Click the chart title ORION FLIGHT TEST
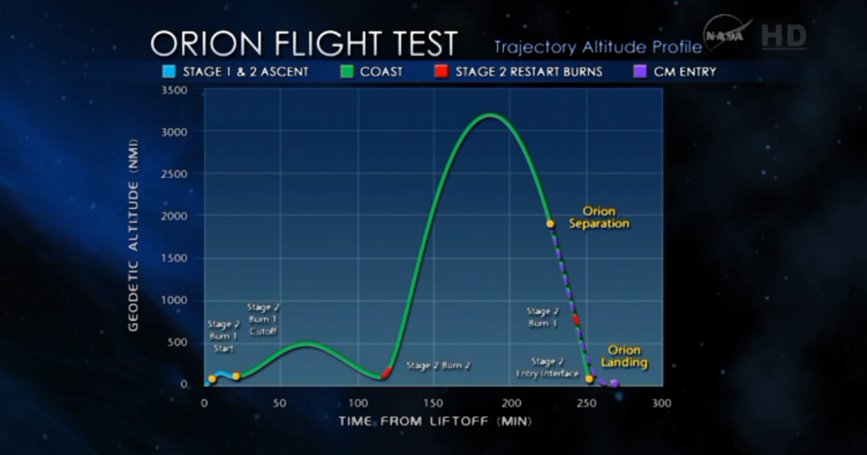tap(303, 44)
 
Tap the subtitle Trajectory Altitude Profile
tap(598, 47)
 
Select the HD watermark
tap(783, 36)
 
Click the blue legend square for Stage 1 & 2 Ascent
tap(170, 71)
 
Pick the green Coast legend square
tap(346, 71)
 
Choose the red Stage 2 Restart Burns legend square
tap(441, 71)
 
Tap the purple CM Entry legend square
tap(639, 71)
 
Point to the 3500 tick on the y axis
tap(174, 90)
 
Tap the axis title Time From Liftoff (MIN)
tap(436, 421)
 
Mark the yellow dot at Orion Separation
tap(551, 224)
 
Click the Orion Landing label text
tap(624, 356)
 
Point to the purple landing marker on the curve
tap(615, 383)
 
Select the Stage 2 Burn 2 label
tap(438, 365)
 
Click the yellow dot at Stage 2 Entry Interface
tap(590, 378)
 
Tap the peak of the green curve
tap(491, 114)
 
